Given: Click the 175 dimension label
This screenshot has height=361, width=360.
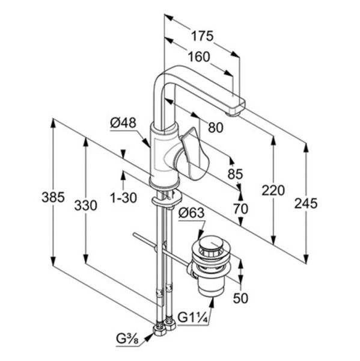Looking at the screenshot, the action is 203,36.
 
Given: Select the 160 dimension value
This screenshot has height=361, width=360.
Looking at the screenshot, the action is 199,57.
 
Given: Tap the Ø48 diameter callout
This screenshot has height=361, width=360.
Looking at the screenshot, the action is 123,123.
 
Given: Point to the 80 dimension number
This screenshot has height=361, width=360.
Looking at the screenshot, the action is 216,128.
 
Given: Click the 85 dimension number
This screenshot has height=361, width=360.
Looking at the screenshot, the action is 235,174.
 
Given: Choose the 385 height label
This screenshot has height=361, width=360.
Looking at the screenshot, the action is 53,197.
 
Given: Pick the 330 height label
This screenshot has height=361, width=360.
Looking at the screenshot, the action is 85,205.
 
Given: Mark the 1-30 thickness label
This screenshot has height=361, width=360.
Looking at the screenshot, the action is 124,198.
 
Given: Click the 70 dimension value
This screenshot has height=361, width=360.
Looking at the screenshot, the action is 240,209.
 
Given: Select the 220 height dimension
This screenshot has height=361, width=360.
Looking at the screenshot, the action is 273,191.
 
